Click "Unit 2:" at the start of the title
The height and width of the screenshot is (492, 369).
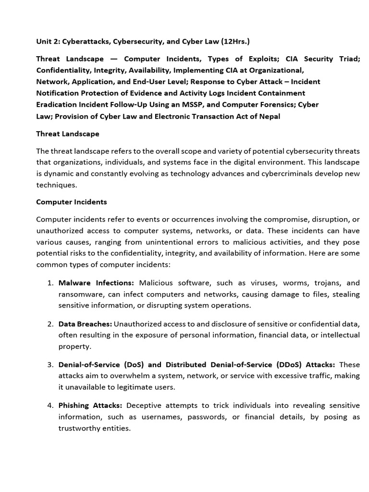(x=48, y=42)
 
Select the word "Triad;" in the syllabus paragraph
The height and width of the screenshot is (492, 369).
(x=348, y=59)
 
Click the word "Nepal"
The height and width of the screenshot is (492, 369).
(x=269, y=116)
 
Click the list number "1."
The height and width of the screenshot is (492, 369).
(x=50, y=283)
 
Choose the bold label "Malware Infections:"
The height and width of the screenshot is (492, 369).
(x=96, y=283)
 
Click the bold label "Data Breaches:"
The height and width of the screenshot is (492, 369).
(x=85, y=324)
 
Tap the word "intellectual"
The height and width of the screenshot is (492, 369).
(x=338, y=335)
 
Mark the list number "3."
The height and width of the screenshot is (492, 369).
(x=50, y=365)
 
